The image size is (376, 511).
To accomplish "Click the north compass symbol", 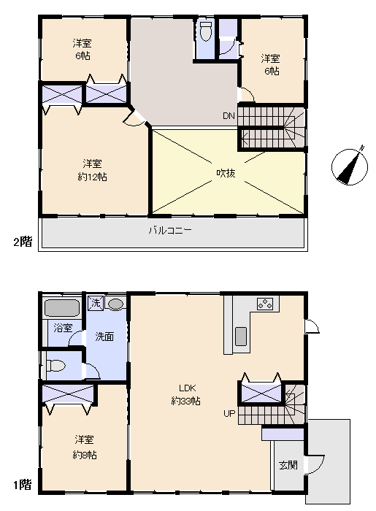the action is pyautogui.click(x=350, y=167).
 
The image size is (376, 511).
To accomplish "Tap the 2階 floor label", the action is pyautogui.click(x=23, y=242).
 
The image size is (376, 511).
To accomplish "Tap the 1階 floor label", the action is pyautogui.click(x=23, y=485).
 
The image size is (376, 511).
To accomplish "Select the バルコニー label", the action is pyautogui.click(x=170, y=231).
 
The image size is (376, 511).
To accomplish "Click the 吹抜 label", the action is pyautogui.click(x=226, y=173).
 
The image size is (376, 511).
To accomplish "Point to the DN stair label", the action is pyautogui.click(x=229, y=115).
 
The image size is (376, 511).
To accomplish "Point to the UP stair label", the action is pyautogui.click(x=229, y=414).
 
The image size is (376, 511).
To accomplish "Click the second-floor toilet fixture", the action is pyautogui.click(x=205, y=31).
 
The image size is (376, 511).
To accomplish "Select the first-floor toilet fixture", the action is pyautogui.click(x=55, y=365).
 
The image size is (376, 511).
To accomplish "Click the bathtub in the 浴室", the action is pyautogui.click(x=62, y=308).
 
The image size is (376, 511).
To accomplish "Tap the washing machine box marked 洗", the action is pyautogui.click(x=96, y=303).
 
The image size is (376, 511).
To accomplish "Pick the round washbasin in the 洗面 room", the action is pyautogui.click(x=115, y=304).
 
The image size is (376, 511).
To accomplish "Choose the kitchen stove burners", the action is pyautogui.click(x=265, y=304).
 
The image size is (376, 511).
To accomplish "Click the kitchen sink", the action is pyautogui.click(x=241, y=337).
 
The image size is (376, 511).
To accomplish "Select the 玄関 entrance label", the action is pyautogui.click(x=288, y=465).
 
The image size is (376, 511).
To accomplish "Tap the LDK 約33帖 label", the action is pyautogui.click(x=185, y=394).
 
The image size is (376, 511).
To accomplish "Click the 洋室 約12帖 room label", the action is pyautogui.click(x=92, y=170).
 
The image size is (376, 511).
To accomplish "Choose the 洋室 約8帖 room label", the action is pyautogui.click(x=85, y=447).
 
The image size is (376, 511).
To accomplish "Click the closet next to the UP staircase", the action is pyautogui.click(x=261, y=393).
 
